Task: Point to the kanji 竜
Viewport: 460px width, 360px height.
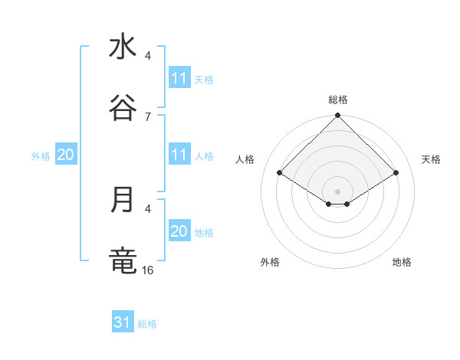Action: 123,261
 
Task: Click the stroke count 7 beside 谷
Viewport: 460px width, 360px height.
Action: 147,116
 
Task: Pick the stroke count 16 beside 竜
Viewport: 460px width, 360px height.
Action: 149,270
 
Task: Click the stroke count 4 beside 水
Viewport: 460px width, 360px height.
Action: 148,55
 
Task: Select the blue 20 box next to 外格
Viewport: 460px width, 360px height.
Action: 65,155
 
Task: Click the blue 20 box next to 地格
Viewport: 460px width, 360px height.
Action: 179,231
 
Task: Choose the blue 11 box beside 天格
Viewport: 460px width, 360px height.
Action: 179,78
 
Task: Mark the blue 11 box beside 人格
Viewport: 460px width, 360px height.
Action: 179,155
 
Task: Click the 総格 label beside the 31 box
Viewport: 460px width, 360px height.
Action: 147,324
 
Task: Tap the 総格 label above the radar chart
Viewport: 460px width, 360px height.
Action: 338,100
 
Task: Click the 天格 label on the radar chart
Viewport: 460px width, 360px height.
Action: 432,159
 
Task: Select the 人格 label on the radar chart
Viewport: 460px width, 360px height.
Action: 245,159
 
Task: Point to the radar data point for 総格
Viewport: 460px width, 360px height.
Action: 338,116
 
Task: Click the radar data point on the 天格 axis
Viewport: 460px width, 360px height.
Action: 396,172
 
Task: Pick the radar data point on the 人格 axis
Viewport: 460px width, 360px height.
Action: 280,172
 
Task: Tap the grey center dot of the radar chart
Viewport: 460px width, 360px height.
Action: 338,191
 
